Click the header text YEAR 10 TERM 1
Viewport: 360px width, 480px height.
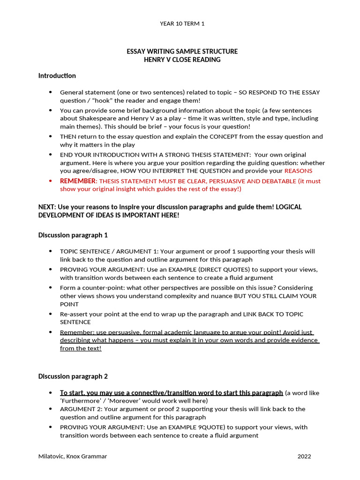tap(182, 23)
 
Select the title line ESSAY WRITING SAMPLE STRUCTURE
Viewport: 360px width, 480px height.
tap(182, 51)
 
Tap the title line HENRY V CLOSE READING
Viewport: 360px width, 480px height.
tap(182, 60)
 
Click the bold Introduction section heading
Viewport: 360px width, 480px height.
tap(57, 75)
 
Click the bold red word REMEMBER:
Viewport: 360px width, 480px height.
tap(78, 181)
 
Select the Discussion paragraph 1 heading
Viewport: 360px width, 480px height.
tap(73, 235)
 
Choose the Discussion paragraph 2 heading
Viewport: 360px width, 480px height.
tap(73, 376)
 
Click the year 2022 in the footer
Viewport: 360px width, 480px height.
tap(304, 456)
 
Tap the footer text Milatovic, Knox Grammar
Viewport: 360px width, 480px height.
tap(73, 456)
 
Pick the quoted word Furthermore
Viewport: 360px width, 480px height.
tap(79, 401)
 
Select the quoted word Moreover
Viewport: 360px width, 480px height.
tap(128, 401)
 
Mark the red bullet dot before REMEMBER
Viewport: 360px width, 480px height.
tap(51, 181)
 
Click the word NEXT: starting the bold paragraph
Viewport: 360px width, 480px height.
tap(48, 207)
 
